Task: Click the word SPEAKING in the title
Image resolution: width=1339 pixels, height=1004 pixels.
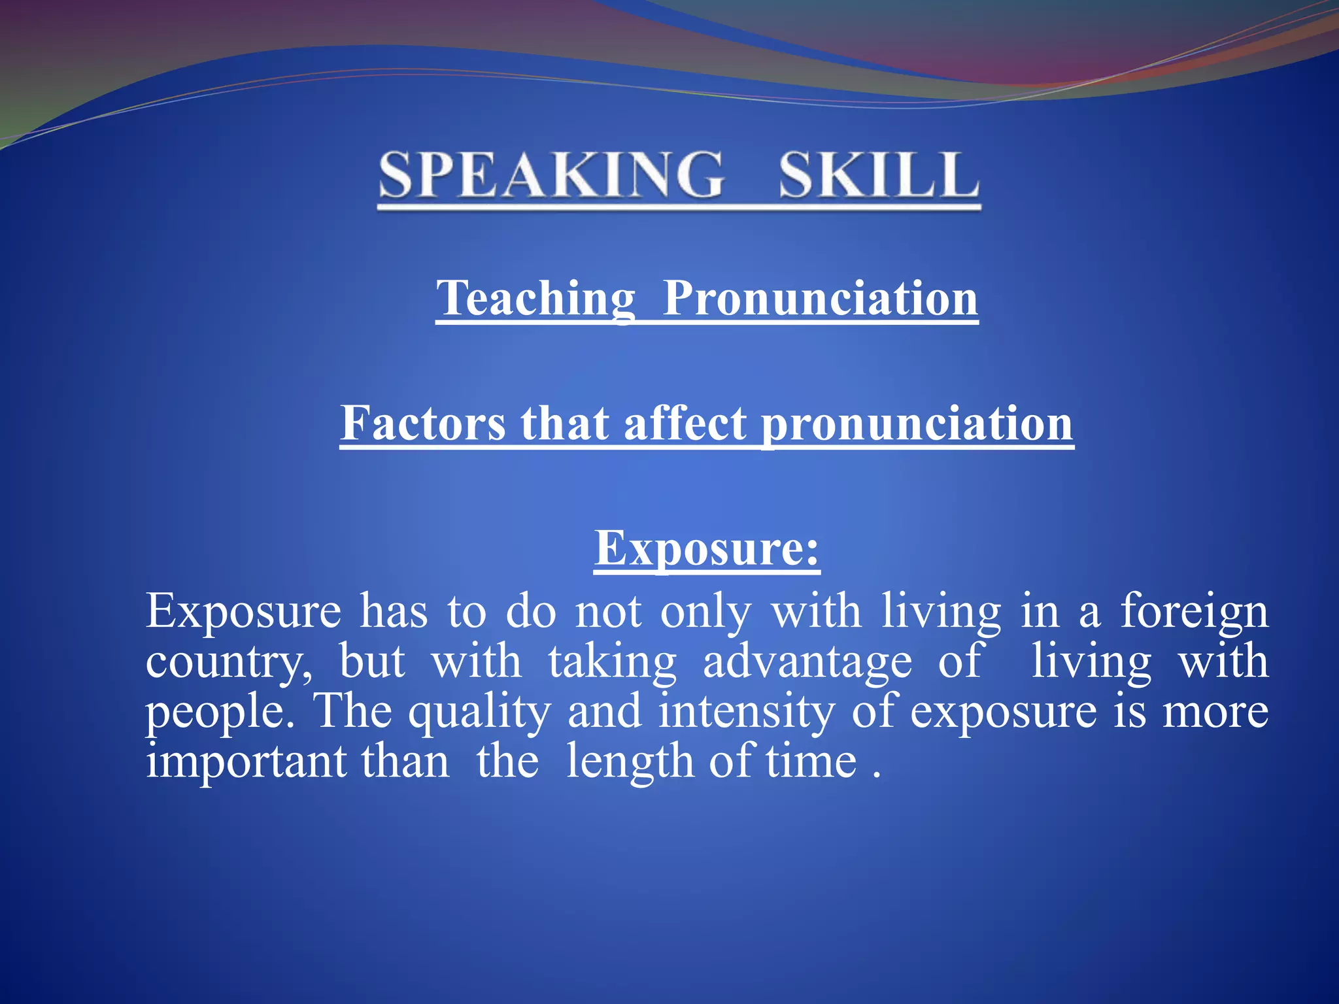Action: pos(551,175)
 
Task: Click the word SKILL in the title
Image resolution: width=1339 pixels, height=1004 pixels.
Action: pos(879,175)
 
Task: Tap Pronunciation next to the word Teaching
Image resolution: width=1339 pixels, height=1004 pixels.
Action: pos(821,298)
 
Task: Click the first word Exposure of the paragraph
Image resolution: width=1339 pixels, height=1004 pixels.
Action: pos(243,611)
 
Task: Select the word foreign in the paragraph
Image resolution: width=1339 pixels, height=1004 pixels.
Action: pos(1195,612)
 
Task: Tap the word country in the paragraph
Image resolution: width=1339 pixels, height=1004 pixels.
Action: pos(229,662)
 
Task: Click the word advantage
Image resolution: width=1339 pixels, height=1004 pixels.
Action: pos(807,662)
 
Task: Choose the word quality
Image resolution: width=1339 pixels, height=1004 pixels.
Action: pos(480,712)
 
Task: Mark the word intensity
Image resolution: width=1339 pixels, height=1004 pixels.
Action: pos(747,711)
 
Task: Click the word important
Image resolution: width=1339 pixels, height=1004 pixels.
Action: pos(246,762)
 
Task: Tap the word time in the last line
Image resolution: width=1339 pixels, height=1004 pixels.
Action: pos(811,761)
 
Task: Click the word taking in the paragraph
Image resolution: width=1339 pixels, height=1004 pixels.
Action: pos(612,662)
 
